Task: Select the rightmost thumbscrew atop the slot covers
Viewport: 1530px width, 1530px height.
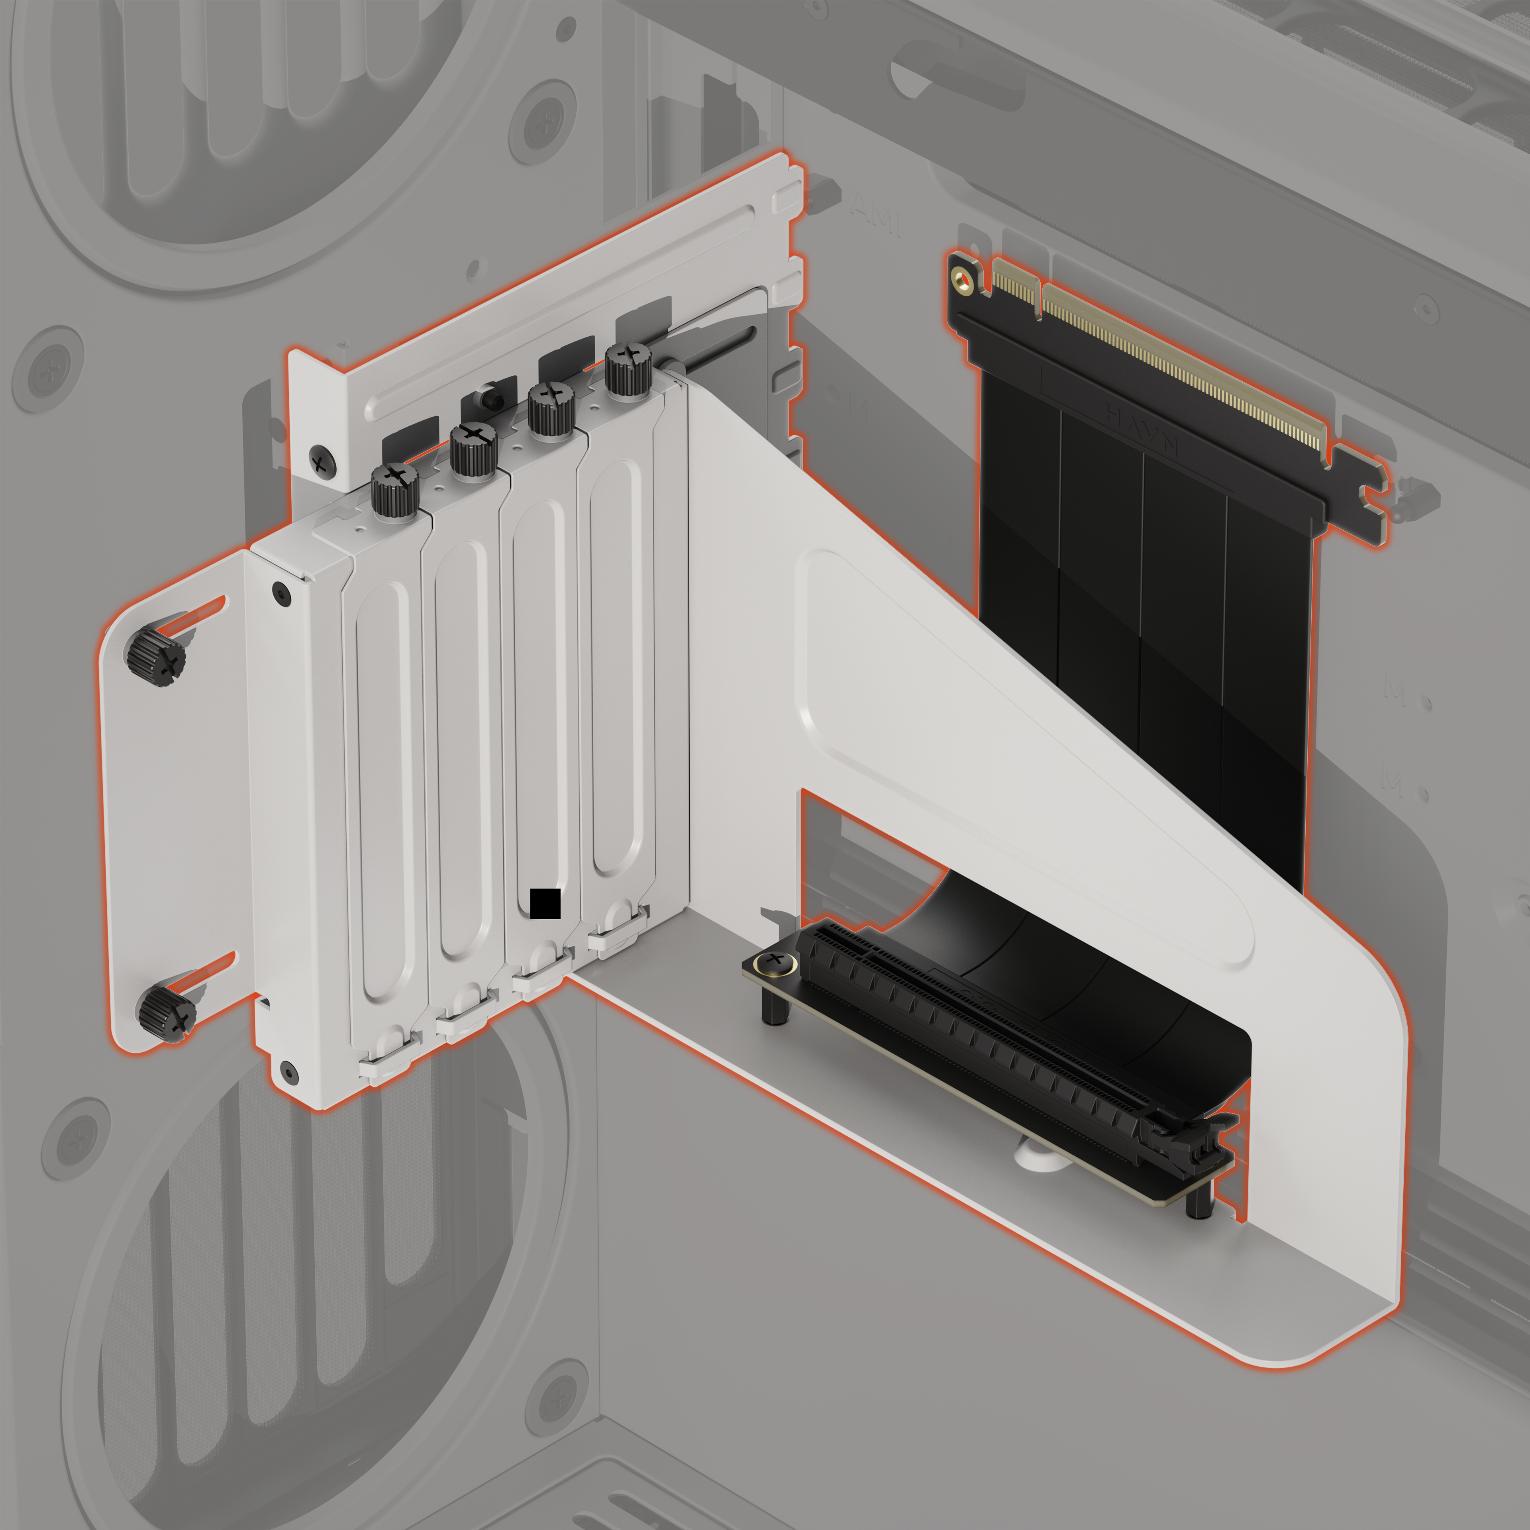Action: click(629, 369)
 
